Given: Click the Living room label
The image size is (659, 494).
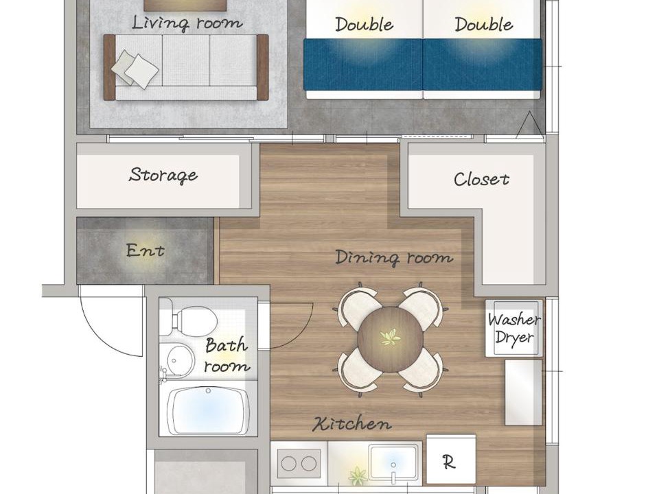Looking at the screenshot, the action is (x=187, y=23).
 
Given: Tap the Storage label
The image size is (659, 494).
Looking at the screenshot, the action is (x=163, y=175).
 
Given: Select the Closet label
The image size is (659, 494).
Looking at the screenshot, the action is (x=482, y=179).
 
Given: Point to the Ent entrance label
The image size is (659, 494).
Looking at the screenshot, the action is (x=145, y=250).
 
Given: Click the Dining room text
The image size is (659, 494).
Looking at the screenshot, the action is (x=394, y=257).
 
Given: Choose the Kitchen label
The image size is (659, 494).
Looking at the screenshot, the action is (x=351, y=423).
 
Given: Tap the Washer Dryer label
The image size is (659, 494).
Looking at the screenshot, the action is (x=514, y=329).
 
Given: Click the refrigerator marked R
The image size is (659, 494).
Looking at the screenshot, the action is (x=451, y=459).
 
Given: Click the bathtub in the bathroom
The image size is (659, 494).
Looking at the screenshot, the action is (x=208, y=410).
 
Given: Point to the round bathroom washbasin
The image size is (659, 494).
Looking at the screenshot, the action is (x=181, y=360).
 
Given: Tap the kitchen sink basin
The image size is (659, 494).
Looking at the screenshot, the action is (x=393, y=462).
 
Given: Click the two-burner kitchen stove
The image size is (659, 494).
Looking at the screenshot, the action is (x=299, y=464).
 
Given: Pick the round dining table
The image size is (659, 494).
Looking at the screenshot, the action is (x=391, y=339).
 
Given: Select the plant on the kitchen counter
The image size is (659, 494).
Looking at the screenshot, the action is (x=358, y=475).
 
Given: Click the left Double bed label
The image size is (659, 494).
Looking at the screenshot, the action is (x=364, y=25).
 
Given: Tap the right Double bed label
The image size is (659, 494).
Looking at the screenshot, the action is (x=483, y=25).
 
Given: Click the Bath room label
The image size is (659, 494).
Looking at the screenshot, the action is (x=226, y=355).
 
